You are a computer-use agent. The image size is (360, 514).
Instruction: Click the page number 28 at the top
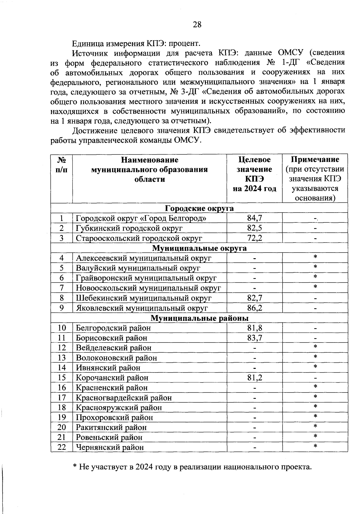pyautogui.click(x=197, y=25)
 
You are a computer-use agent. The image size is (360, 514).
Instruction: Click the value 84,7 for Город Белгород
pyautogui.click(x=254, y=218)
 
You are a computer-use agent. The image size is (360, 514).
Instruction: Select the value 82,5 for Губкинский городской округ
pyautogui.click(x=254, y=228)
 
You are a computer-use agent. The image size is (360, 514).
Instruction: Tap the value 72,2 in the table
pyautogui.click(x=254, y=238)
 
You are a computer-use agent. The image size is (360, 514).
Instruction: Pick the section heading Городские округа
pyautogui.click(x=199, y=208)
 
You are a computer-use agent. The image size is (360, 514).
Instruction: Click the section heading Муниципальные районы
pyautogui.click(x=199, y=318)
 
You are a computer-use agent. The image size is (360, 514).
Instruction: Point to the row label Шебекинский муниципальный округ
pyautogui.click(x=144, y=298)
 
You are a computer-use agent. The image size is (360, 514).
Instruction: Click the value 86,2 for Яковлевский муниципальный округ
pyautogui.click(x=254, y=308)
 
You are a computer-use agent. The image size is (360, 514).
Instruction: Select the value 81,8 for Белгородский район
pyautogui.click(x=254, y=328)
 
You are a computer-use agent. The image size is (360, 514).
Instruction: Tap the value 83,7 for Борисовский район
pyautogui.click(x=254, y=338)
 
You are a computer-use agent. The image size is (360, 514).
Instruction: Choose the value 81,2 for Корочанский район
pyautogui.click(x=254, y=378)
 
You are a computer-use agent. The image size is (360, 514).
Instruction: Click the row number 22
pyautogui.click(x=61, y=447)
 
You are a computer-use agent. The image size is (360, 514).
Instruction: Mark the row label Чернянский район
pyautogui.click(x=110, y=447)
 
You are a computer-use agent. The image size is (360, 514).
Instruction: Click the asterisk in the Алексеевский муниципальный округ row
pyautogui.click(x=315, y=257)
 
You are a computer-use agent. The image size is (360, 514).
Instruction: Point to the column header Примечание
pyautogui.click(x=315, y=159)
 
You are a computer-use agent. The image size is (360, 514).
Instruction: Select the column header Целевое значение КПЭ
pyautogui.click(x=254, y=174)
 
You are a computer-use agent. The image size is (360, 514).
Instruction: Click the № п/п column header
pyautogui.click(x=61, y=164)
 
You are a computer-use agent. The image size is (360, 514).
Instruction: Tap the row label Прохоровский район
pyautogui.click(x=114, y=417)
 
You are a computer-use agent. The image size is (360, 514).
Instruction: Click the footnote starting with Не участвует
pyautogui.click(x=192, y=467)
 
